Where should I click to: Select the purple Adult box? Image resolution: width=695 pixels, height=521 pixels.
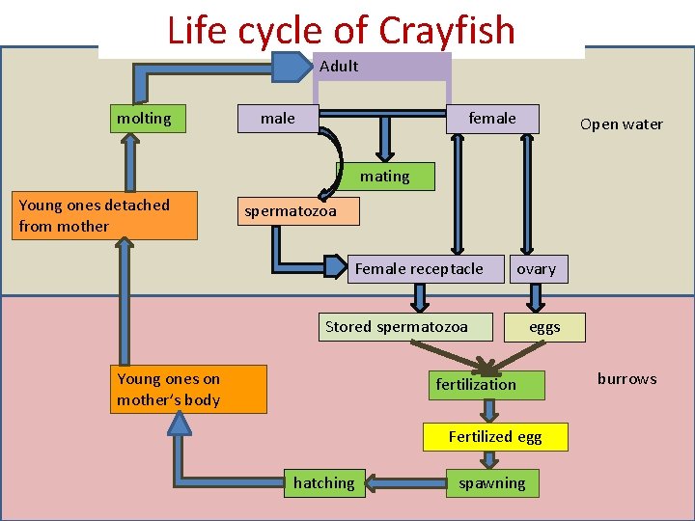click(382, 67)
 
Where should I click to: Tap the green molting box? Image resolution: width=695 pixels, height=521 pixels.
click(144, 119)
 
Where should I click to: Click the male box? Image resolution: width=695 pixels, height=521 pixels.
click(278, 119)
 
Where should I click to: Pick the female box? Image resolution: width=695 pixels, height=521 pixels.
click(492, 119)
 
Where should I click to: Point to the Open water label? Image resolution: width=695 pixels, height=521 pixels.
click(621, 123)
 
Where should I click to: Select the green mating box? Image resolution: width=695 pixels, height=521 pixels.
click(385, 177)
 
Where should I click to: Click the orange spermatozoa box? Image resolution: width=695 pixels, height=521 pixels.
click(298, 210)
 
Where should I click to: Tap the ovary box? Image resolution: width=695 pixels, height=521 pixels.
click(537, 269)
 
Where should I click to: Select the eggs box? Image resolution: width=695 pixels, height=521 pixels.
click(544, 327)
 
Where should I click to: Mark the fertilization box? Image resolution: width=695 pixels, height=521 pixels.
click(476, 385)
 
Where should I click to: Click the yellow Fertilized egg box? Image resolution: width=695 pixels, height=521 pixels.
click(495, 437)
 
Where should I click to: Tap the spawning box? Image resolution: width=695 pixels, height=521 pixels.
click(492, 483)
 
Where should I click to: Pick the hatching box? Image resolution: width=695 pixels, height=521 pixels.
click(324, 483)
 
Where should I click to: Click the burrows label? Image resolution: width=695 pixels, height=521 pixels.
click(626, 378)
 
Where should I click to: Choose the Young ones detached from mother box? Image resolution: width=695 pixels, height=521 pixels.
click(107, 215)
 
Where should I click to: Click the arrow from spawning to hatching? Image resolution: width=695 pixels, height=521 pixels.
click(406, 483)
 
